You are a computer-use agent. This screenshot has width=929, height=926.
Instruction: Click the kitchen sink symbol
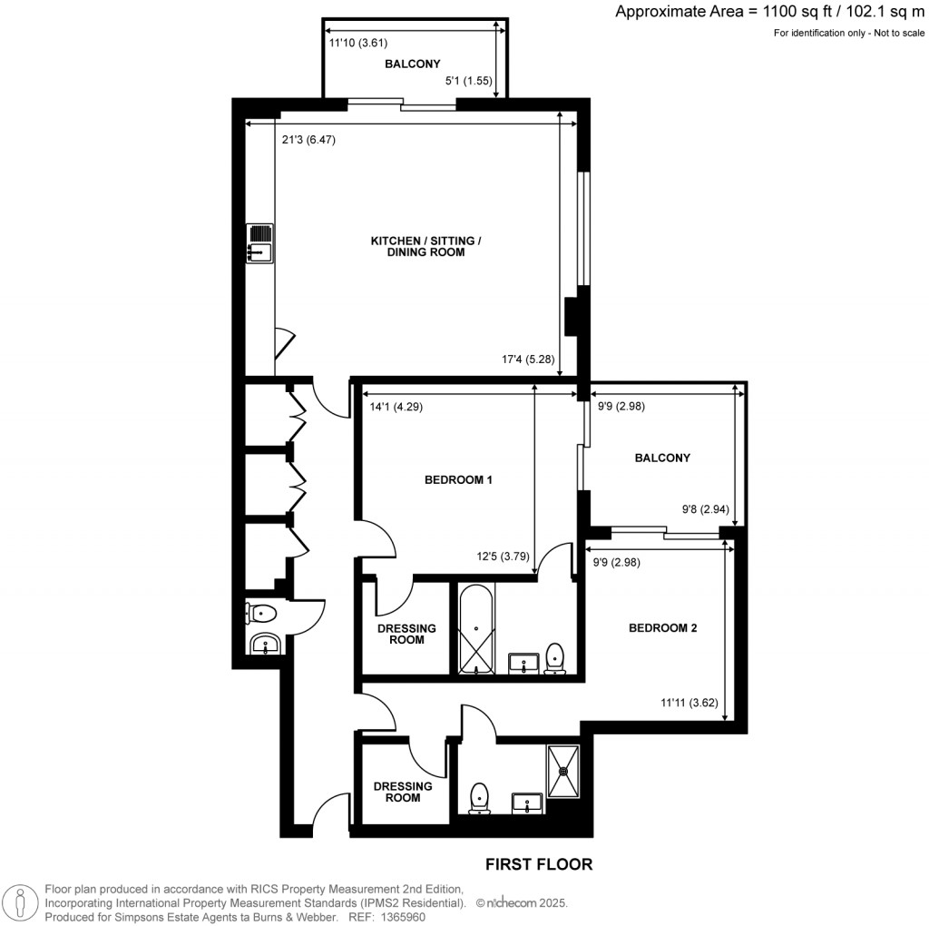point(259,243)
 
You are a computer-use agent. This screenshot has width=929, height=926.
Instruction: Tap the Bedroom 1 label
point(458,480)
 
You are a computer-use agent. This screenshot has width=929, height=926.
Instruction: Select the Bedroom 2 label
point(662,627)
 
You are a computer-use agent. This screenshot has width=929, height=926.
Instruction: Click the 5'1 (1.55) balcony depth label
point(468,81)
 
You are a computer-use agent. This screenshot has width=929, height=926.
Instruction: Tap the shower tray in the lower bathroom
point(566,772)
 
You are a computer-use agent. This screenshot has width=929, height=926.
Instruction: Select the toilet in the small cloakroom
point(259,615)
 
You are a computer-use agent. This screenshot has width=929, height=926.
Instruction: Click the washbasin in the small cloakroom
point(265,645)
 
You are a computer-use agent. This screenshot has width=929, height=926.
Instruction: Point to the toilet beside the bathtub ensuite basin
point(555,658)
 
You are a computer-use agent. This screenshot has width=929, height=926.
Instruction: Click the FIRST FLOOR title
point(539,864)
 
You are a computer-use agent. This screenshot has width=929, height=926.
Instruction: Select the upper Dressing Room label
point(406,634)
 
